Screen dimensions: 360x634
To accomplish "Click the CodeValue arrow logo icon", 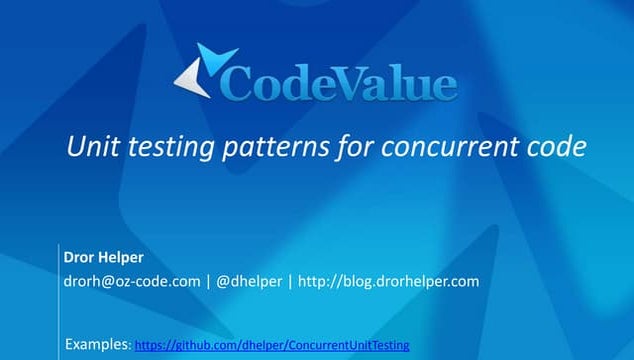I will pyautogui.click(x=205, y=71).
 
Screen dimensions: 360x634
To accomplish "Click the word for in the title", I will pyautogui.click(x=346, y=147).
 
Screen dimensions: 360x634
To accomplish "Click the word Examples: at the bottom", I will pyautogui.click(x=97, y=344).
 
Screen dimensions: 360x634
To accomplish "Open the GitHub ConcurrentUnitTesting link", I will pyautogui.click(x=272, y=345).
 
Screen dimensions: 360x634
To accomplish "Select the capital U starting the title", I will pyautogui.click(x=74, y=147).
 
